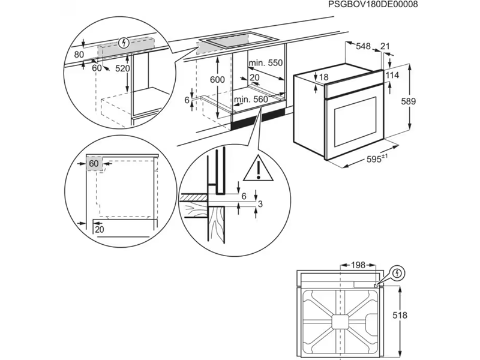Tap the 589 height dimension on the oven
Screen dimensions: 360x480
[408, 101]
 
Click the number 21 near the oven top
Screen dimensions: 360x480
[385, 46]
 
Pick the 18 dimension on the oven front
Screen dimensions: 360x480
[324, 77]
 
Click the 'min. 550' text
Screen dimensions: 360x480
[266, 63]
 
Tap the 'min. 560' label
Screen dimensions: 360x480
[250, 100]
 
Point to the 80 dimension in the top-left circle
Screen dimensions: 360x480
[78, 54]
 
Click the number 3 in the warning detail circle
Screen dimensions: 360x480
[259, 205]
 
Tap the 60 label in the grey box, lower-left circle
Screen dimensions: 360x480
[94, 163]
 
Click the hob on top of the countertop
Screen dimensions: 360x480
[235, 41]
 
